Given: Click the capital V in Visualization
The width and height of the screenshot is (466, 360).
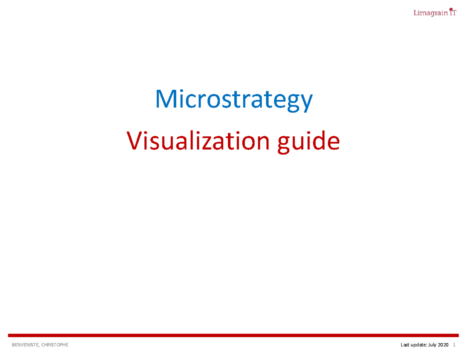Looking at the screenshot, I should coord(134,141).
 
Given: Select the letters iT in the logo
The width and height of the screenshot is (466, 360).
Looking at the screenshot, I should coord(452,13).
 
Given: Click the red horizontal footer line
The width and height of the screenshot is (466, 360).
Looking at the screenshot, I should coord(233,335).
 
